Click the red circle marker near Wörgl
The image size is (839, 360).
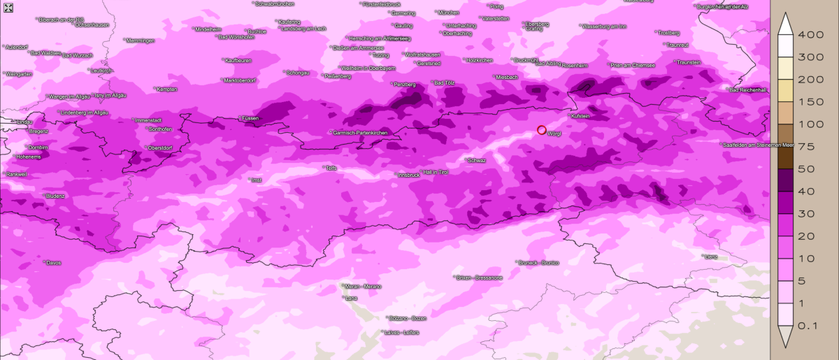coord(541,129)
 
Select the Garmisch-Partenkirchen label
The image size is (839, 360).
coord(360,132)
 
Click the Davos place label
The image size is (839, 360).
coord(53,263)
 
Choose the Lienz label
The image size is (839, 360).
coord(711,257)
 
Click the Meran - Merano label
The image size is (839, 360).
coord(363,287)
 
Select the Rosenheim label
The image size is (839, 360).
coord(575,65)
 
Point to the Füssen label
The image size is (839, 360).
coord(250,119)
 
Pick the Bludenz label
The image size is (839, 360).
coord(55,196)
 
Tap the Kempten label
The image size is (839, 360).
coord(167,89)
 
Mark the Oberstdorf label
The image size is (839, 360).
coord(159,148)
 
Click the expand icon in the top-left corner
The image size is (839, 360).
coord(8,8)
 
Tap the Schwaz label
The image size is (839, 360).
coord(477,160)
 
